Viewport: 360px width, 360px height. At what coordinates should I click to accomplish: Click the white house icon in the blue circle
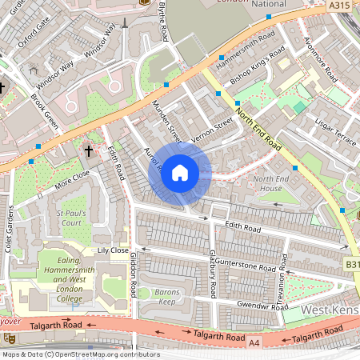pos(180,172)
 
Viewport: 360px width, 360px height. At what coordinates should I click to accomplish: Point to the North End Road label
pos(258,133)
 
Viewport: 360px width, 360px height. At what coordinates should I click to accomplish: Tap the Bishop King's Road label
pos(257,69)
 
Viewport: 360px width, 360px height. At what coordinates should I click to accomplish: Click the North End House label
pos(274,183)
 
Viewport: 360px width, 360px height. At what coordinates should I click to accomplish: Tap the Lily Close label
pos(112,250)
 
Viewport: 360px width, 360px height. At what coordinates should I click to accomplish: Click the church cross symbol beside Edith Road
pos(89,150)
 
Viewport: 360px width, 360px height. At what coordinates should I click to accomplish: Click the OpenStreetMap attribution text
pos(80,354)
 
